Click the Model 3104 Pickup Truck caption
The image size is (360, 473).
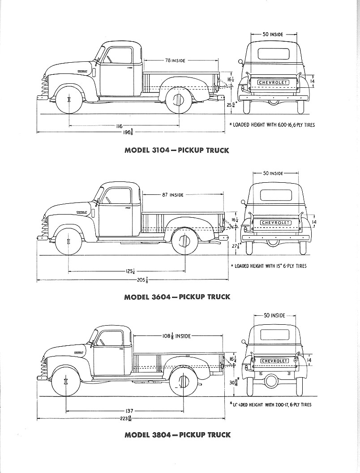(177, 150)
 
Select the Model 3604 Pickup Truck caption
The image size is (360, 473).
(177, 297)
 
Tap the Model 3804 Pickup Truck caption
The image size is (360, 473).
(177, 434)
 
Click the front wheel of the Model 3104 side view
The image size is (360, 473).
(69, 99)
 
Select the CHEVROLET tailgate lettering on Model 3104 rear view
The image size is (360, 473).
(273, 82)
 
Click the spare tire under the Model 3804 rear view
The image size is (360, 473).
(271, 381)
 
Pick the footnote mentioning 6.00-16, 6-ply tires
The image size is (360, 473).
(272, 125)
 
